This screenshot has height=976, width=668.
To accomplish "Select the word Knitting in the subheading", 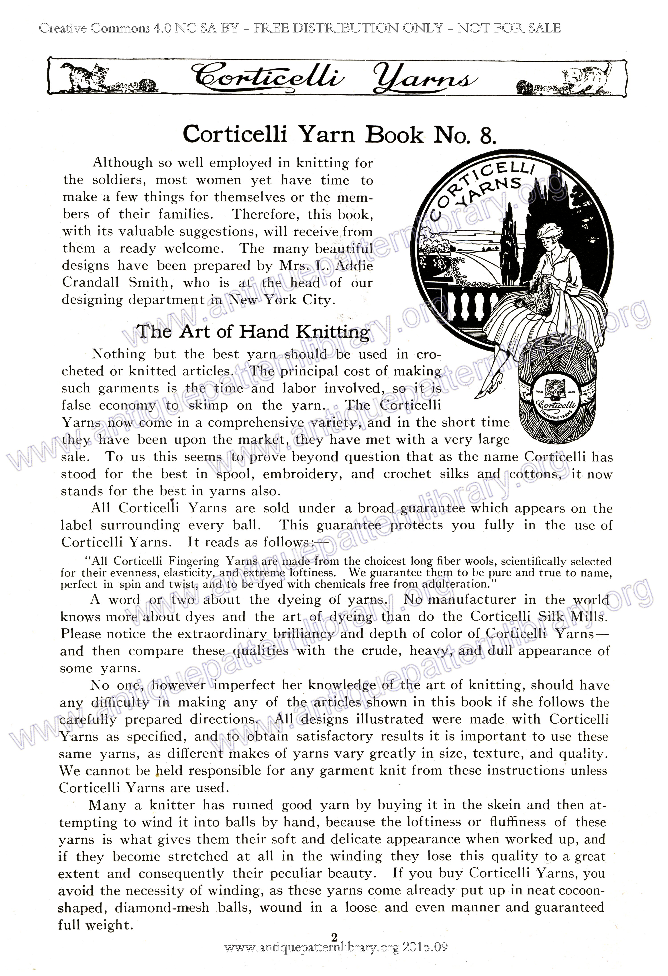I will (x=333, y=332).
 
